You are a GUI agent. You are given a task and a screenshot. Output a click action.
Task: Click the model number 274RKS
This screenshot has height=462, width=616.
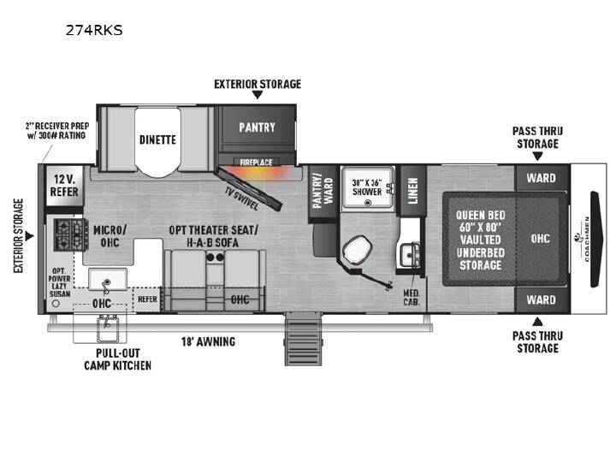(x=94, y=30)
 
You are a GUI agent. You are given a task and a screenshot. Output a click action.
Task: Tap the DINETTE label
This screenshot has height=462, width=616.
(x=157, y=139)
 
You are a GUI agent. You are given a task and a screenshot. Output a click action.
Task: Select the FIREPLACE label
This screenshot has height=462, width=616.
(x=256, y=162)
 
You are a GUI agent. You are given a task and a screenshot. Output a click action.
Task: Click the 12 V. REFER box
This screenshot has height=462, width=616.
(x=64, y=186)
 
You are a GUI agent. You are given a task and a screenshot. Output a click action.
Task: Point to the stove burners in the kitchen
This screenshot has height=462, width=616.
(x=71, y=234)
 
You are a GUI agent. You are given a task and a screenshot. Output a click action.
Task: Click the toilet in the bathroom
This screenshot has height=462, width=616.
(x=357, y=250)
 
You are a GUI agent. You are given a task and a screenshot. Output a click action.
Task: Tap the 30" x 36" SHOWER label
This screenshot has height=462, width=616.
(x=367, y=187)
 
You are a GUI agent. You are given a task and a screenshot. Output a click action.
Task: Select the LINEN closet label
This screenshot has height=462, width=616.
(x=412, y=191)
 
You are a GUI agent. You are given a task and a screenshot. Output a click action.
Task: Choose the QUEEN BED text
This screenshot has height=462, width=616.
(x=481, y=216)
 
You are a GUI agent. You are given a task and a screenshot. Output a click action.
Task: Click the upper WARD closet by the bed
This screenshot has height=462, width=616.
(x=542, y=178)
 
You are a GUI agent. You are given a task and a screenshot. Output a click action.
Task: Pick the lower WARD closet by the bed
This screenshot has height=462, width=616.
(x=542, y=300)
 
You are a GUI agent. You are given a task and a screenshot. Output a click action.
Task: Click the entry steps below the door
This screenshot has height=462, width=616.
(x=303, y=339)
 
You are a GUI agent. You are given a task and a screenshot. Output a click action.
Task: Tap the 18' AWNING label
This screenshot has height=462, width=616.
(x=208, y=341)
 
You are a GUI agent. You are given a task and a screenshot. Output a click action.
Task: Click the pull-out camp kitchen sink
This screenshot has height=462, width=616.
(x=108, y=329)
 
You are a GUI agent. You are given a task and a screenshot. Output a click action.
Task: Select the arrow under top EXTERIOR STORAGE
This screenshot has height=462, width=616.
(x=258, y=95)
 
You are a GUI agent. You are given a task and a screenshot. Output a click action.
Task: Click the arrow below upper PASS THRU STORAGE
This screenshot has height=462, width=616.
(x=537, y=156)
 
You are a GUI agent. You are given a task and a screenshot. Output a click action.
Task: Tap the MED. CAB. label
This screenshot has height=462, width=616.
(x=412, y=298)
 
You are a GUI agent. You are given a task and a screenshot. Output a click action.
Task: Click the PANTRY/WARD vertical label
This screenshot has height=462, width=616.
(x=323, y=191)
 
